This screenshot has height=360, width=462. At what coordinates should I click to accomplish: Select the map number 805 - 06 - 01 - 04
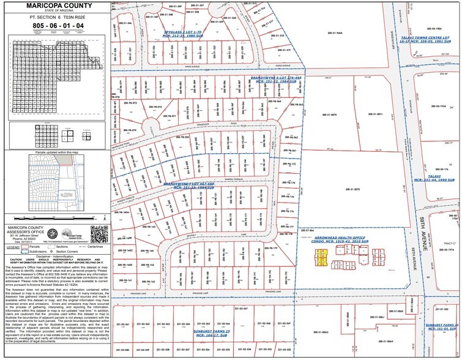[54, 26]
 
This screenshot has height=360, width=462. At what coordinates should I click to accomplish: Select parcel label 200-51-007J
[375, 114]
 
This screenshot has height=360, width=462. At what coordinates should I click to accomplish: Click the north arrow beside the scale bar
[105, 217]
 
